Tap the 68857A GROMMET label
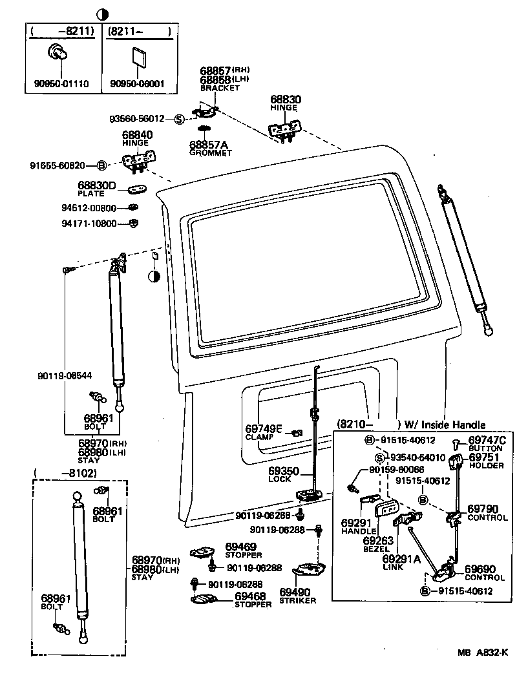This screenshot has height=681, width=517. [x=210, y=149]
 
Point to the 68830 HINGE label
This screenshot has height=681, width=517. [x=285, y=103]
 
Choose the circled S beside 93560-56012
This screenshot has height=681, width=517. [x=179, y=119]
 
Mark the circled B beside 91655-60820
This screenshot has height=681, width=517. [x=101, y=165]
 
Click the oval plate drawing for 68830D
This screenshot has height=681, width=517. [x=138, y=189]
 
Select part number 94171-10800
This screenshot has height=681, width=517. [x=89, y=224]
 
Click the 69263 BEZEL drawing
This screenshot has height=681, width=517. [x=390, y=510]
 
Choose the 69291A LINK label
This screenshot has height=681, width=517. [x=401, y=562]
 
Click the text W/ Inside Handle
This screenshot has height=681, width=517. [x=445, y=424]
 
